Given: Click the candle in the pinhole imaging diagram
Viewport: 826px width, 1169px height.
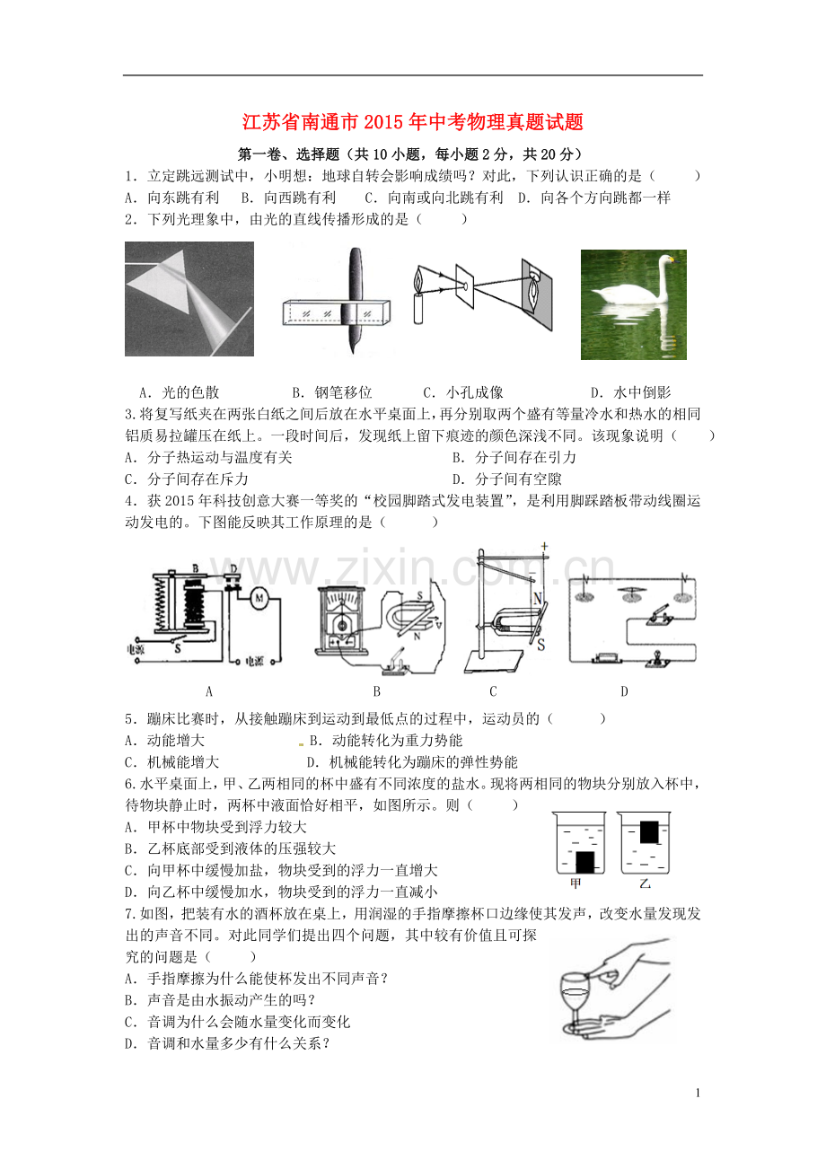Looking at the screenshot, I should point(417,308).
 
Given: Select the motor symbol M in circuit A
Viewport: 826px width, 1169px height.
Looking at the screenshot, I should point(259,597).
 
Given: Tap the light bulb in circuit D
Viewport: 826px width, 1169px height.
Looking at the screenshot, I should point(655,661).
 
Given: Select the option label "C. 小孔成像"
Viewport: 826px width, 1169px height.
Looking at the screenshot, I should point(462,392).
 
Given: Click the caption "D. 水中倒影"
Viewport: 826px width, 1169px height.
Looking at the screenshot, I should point(630,392).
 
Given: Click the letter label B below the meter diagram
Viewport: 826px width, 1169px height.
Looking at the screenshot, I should point(376,691).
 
